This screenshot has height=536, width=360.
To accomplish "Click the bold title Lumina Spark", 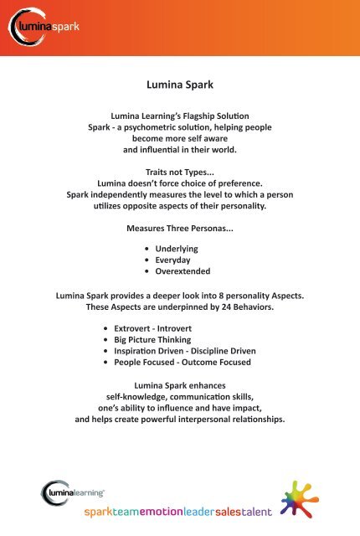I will (x=180, y=84).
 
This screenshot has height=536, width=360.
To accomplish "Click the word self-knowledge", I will (x=134, y=398).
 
